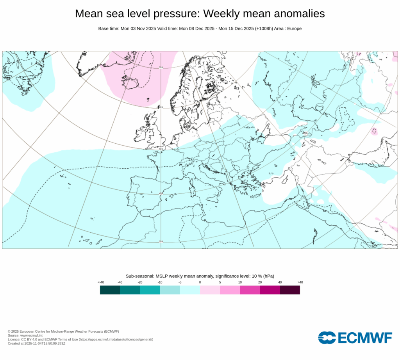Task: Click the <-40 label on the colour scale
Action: [x=101, y=282]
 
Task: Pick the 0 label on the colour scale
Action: [x=200, y=282]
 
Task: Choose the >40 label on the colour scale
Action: [x=300, y=282]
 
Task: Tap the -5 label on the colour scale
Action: [x=180, y=282]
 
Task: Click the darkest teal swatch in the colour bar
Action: [x=110, y=290]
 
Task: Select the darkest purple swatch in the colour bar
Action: [x=290, y=290]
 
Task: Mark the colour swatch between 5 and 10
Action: [x=230, y=290]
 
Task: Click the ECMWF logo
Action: [x=355, y=338]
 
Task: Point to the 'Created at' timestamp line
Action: [x=36, y=344]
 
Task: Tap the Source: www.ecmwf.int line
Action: [x=25, y=335]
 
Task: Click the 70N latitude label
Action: [x=161, y=68]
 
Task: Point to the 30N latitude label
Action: [x=161, y=242]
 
